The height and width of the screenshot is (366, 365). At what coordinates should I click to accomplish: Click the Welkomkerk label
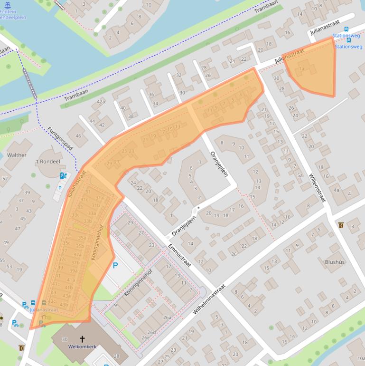[82, 347]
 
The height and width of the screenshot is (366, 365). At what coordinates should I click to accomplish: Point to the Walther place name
[17, 155]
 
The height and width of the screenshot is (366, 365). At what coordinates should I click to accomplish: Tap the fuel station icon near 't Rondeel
[63, 176]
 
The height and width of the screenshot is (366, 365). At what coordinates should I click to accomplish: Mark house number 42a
[101, 102]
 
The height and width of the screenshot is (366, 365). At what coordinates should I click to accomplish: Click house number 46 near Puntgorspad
[78, 136]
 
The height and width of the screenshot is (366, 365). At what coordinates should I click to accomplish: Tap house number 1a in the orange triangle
[301, 69]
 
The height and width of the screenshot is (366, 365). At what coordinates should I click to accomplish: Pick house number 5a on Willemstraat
[299, 175]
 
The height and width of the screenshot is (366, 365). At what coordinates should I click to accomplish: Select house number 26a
[167, 318]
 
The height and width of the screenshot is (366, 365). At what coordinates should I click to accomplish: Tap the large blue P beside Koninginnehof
[115, 265]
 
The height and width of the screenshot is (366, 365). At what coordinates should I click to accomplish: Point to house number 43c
[52, 301]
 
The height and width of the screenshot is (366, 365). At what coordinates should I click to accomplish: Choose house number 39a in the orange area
[74, 271]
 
